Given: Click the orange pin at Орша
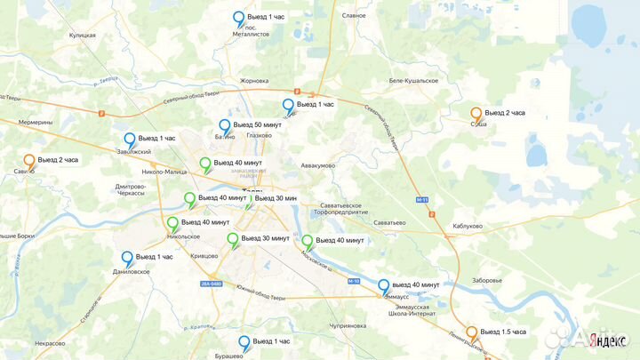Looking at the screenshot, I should [x=476, y=114].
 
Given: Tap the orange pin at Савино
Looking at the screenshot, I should [x=29, y=161].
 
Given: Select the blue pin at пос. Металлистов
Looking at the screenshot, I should [x=238, y=18].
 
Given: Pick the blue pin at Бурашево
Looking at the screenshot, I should [x=244, y=342].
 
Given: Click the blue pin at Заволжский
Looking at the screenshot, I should [x=130, y=140].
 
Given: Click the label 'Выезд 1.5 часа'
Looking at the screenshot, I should [x=503, y=332].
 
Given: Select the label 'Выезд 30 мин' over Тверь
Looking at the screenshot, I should [x=275, y=197].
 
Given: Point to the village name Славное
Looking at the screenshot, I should [x=354, y=15].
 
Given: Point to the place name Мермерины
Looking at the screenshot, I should [x=35, y=122].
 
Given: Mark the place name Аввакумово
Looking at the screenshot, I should [x=317, y=165].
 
